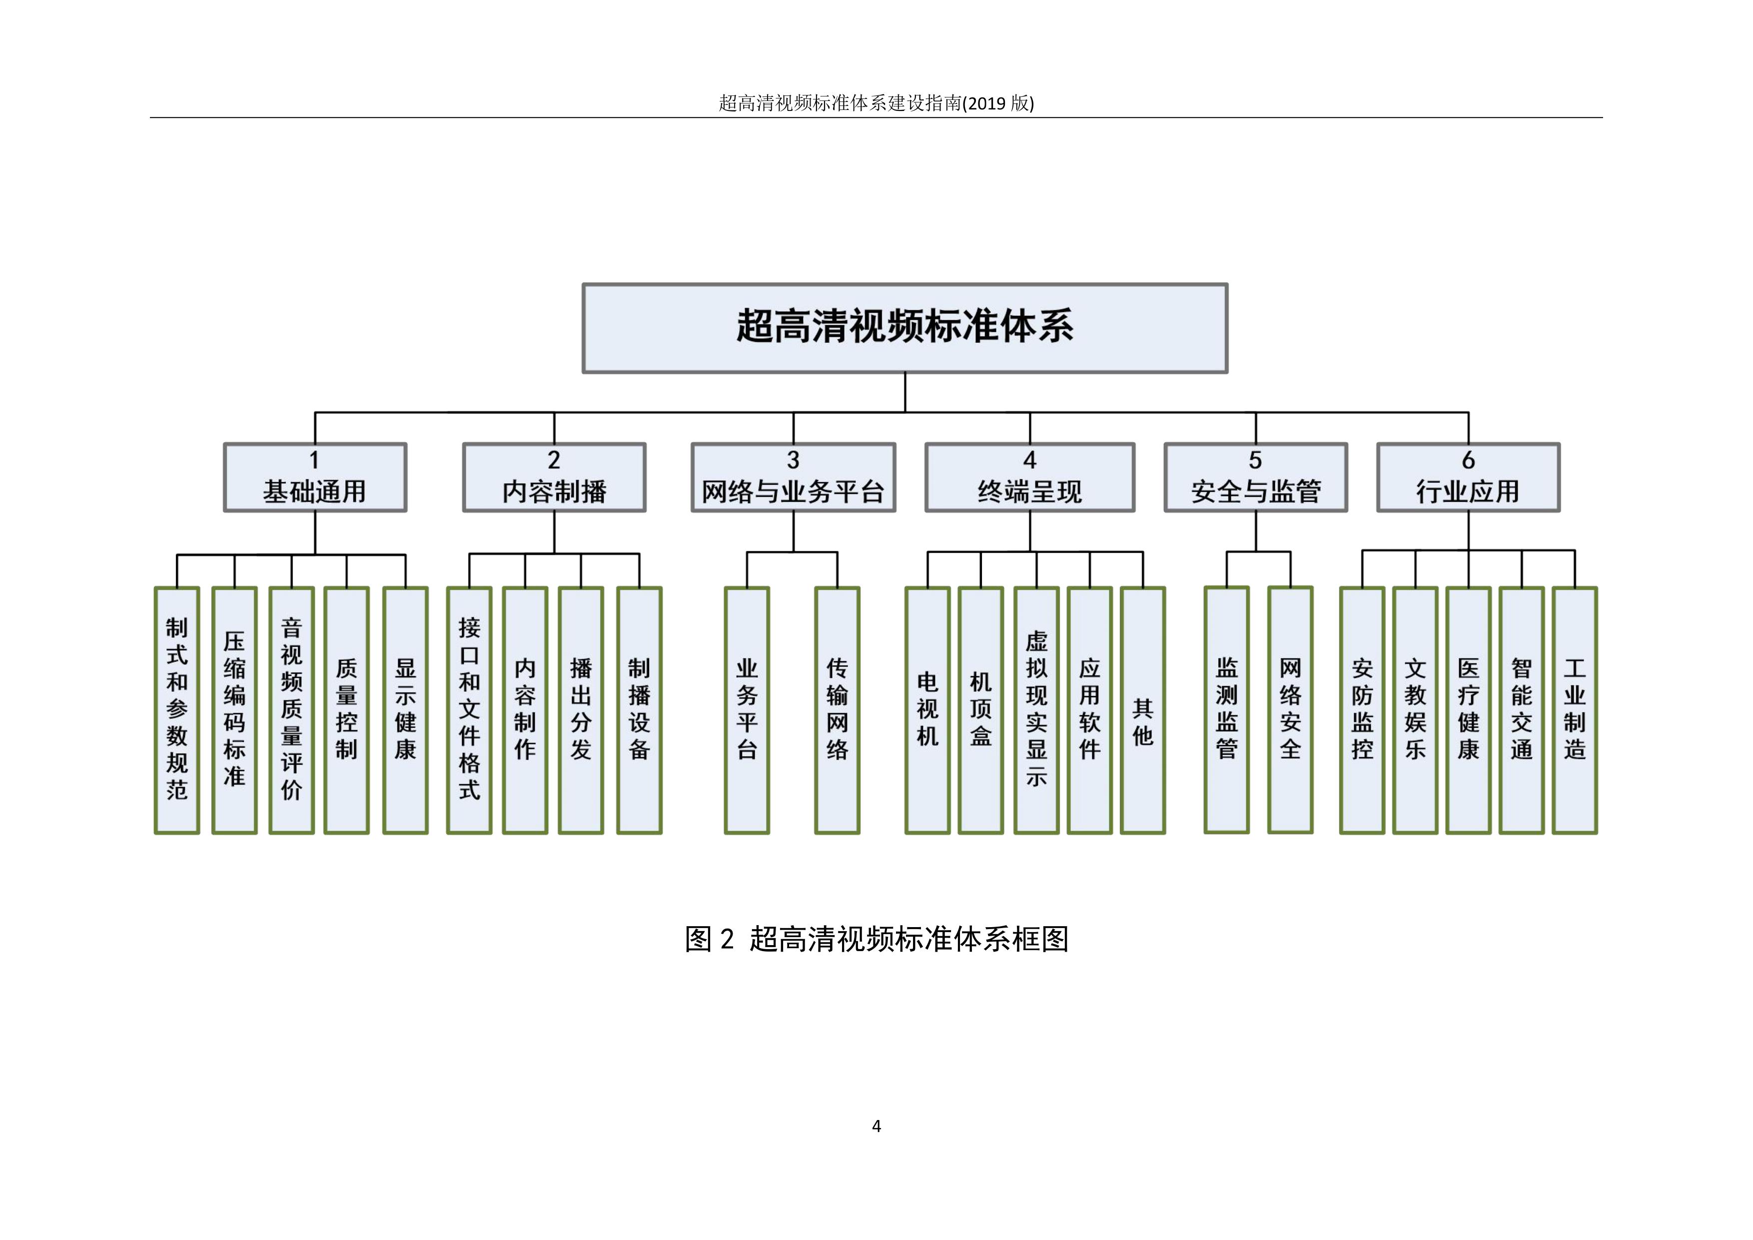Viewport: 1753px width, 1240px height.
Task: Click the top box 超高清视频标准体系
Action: [x=905, y=328]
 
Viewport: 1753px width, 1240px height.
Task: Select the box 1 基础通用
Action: [x=314, y=477]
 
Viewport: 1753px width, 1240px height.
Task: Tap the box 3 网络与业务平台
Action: [x=793, y=477]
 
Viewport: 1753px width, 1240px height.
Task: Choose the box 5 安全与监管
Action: [x=1255, y=477]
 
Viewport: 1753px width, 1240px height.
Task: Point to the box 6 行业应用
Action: [x=1468, y=477]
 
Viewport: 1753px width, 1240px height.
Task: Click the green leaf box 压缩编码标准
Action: [x=234, y=710]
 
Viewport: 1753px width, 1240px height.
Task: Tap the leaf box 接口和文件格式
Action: [x=470, y=710]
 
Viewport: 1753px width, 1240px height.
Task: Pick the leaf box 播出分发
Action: [x=581, y=710]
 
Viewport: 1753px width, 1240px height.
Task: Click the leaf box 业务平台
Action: [x=747, y=710]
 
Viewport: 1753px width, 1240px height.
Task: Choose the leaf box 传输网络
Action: [x=838, y=710]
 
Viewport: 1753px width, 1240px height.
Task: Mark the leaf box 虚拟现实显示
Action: [x=1036, y=710]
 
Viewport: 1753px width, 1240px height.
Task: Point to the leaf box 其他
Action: [x=1143, y=710]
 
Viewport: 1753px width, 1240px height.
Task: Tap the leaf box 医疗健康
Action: [x=1468, y=710]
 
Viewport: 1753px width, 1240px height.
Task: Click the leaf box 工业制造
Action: [x=1574, y=710]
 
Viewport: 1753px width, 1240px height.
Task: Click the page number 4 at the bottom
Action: [x=876, y=1126]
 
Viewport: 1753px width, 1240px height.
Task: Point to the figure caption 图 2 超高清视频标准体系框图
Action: [x=876, y=939]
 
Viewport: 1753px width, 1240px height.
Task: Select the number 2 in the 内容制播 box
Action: [x=554, y=460]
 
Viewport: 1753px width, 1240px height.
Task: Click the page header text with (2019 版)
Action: [x=876, y=103]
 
